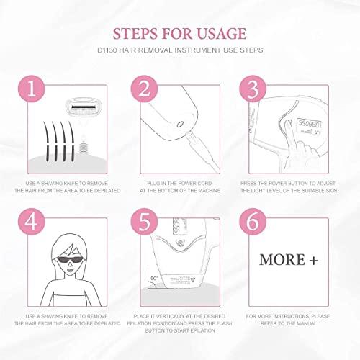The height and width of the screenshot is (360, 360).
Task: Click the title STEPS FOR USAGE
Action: click(179, 34)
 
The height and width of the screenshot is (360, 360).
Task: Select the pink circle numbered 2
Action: click(143, 89)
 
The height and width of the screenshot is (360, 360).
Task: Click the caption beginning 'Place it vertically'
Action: click(179, 318)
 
